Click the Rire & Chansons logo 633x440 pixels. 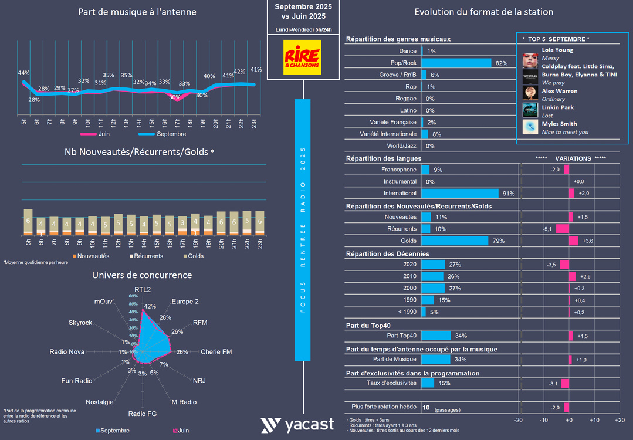click(x=302, y=57)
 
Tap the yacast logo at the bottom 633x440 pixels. click(x=297, y=424)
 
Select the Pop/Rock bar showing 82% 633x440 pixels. click(x=456, y=63)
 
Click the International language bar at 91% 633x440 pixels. click(x=460, y=193)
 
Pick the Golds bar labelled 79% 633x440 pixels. click(x=455, y=241)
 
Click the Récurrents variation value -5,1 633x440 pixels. click(x=547, y=229)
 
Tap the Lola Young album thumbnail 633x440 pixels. click(x=530, y=60)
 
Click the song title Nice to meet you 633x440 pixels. click(x=565, y=132)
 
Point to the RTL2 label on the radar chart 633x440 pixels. click(x=142, y=289)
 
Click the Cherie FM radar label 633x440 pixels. click(x=216, y=352)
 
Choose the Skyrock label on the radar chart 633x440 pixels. click(x=80, y=323)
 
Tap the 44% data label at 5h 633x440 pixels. click(x=23, y=73)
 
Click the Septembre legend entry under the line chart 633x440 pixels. click(x=163, y=134)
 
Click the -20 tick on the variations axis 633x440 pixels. click(x=519, y=420)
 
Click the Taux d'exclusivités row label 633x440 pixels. click(x=391, y=383)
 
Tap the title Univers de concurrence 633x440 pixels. click(x=142, y=275)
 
